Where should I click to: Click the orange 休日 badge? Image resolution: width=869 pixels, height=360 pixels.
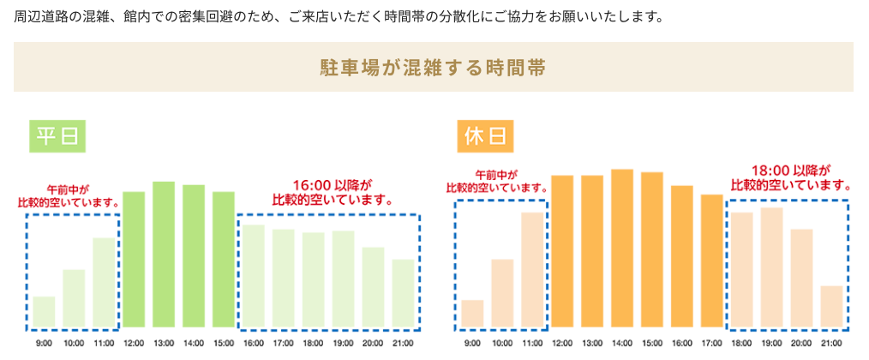pyautogui.click(x=486, y=135)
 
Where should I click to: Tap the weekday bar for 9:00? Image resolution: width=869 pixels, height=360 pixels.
pyautogui.click(x=44, y=312)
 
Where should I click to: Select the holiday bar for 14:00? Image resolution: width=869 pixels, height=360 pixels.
pyautogui.click(x=622, y=249)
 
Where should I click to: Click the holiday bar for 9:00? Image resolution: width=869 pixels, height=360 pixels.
pyautogui.click(x=472, y=314)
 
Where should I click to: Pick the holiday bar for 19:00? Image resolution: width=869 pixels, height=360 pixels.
pyautogui.click(x=771, y=267)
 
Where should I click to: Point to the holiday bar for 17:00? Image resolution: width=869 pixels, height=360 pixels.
pyautogui.click(x=711, y=261)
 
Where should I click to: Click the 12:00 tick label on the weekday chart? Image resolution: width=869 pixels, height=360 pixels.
pyautogui.click(x=134, y=343)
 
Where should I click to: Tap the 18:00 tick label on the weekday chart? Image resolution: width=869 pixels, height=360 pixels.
pyautogui.click(x=313, y=343)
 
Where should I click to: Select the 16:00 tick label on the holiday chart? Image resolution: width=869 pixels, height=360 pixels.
pyautogui.click(x=682, y=343)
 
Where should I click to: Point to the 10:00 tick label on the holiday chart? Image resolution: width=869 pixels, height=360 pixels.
pyautogui.click(x=502, y=343)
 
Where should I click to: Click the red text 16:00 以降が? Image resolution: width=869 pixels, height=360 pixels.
pyautogui.click(x=332, y=183)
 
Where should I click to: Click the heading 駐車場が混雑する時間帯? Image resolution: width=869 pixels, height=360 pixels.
pyautogui.click(x=433, y=68)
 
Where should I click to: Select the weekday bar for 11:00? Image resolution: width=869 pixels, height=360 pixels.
pyautogui.click(x=104, y=283)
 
